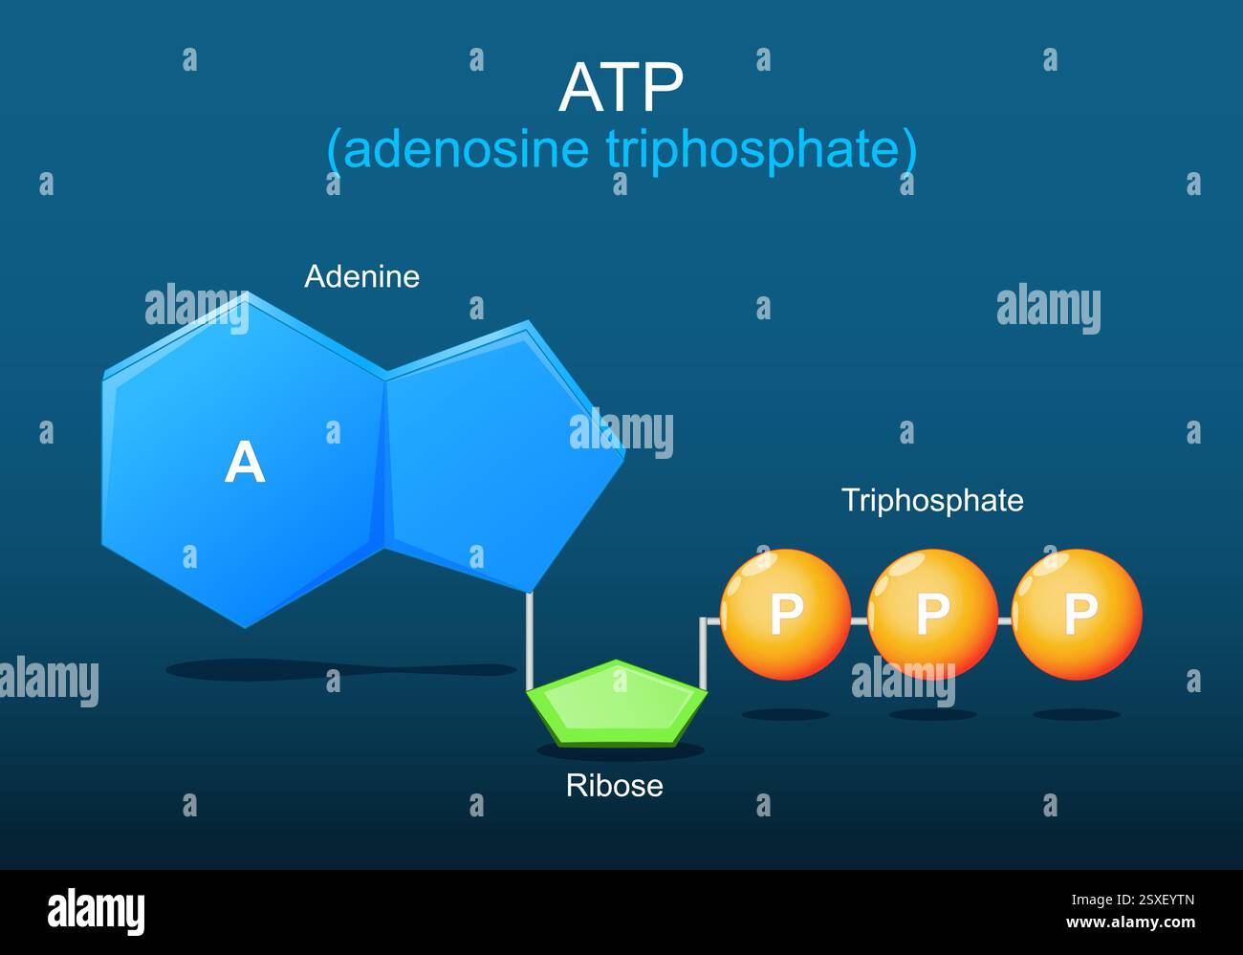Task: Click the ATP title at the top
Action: (621, 88)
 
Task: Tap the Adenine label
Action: (361, 276)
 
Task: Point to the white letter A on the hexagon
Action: (245, 463)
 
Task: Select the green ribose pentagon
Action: (618, 703)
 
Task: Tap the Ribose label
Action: (614, 785)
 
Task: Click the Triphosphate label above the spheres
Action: (932, 500)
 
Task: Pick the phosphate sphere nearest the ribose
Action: (785, 614)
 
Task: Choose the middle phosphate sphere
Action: (932, 614)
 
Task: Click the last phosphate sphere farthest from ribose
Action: (1077, 614)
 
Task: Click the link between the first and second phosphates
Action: (859, 620)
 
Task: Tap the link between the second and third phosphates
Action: (1004, 620)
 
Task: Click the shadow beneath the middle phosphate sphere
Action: (932, 714)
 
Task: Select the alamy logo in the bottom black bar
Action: (96, 911)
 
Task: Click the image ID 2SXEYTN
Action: (1133, 900)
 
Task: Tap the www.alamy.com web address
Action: (1129, 923)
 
